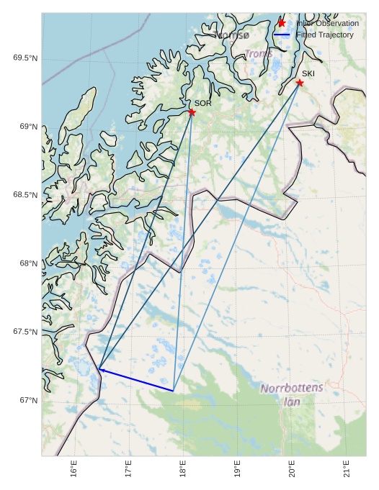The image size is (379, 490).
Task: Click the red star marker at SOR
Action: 192,112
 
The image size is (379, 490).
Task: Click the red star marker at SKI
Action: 300,83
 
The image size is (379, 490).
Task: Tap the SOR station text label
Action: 202,104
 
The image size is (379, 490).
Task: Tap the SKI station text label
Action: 308,73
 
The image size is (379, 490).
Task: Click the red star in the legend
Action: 282,23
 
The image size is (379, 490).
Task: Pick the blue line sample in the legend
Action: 282,35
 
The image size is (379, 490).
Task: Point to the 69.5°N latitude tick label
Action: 25,58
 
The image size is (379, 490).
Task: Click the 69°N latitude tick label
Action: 28,127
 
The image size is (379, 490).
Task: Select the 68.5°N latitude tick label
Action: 25,195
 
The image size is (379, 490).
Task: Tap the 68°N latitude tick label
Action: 28,263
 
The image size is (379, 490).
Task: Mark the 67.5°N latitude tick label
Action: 25,332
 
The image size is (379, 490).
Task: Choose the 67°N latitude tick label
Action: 28,400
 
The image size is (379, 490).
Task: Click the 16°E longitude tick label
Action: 74,469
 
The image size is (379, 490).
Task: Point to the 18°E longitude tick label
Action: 183,469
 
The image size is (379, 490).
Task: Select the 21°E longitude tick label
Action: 347,469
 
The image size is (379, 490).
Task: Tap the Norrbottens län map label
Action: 292,395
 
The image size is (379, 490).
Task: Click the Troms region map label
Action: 259,54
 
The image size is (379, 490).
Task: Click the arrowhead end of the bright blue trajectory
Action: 99,369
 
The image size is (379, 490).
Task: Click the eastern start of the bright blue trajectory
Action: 174,391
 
